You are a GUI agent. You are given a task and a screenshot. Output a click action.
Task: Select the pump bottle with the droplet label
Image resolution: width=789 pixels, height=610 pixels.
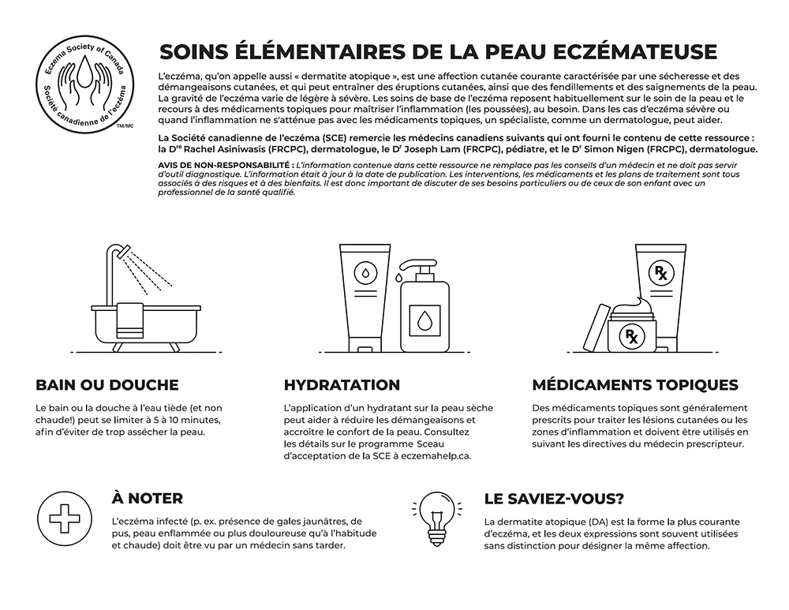424,309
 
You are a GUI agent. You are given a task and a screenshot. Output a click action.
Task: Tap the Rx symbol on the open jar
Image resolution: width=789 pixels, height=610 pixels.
632,337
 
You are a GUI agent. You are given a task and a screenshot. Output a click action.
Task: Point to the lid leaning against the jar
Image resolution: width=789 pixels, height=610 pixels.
596,331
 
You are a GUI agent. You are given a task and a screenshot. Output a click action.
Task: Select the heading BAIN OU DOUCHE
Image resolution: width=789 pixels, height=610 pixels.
107,385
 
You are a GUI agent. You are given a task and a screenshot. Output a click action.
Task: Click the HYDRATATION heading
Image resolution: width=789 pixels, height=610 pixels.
342,385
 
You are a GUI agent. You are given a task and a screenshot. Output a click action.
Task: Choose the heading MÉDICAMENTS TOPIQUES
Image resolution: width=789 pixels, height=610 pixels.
635,385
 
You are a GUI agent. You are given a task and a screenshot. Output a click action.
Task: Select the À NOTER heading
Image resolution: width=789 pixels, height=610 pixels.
148,499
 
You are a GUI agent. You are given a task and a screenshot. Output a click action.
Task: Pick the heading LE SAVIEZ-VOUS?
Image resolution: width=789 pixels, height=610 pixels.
554,499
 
